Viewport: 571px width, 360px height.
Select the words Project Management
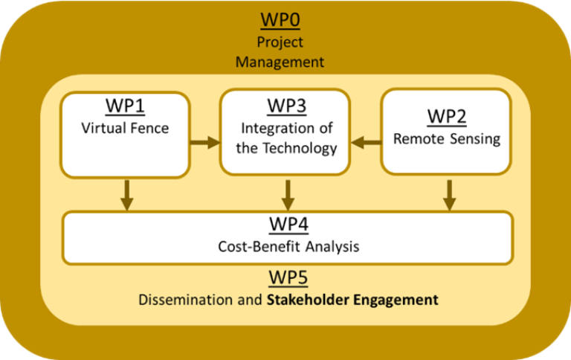280,52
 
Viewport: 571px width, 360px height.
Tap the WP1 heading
125,107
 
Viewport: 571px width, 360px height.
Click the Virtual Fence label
125,128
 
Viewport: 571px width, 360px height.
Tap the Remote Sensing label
447,138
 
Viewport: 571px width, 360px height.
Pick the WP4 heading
288,225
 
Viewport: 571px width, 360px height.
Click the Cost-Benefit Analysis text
288,246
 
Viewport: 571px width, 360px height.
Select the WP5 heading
288,278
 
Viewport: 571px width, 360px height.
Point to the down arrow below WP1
125,195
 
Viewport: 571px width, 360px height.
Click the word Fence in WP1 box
152,128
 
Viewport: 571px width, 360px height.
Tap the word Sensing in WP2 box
475,138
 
